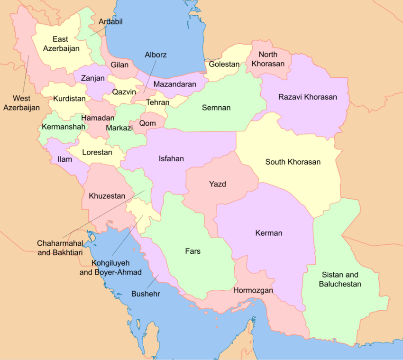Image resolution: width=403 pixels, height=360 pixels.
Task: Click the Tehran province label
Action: (x=158, y=102)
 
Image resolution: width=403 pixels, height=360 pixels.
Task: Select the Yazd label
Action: (x=218, y=184)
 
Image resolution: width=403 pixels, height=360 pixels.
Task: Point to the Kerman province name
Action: (x=268, y=233)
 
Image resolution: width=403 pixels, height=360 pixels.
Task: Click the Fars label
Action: (x=192, y=251)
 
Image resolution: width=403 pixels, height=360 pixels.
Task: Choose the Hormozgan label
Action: (x=253, y=290)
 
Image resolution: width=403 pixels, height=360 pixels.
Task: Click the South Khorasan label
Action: (x=293, y=162)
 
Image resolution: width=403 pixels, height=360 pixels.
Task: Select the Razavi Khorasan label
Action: (x=307, y=97)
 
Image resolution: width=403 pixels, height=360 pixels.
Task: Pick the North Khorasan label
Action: (x=268, y=59)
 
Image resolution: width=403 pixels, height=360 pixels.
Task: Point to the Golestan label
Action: (x=224, y=65)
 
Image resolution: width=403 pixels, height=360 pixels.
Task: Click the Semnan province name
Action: (x=216, y=108)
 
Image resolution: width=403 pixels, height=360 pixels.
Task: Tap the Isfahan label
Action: (x=171, y=158)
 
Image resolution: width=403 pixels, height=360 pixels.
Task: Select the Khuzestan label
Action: (x=107, y=196)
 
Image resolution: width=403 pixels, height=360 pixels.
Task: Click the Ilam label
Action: (x=64, y=159)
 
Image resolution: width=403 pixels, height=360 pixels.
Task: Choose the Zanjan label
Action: (x=90, y=78)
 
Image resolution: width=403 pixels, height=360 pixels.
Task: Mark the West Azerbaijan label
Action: (x=21, y=103)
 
